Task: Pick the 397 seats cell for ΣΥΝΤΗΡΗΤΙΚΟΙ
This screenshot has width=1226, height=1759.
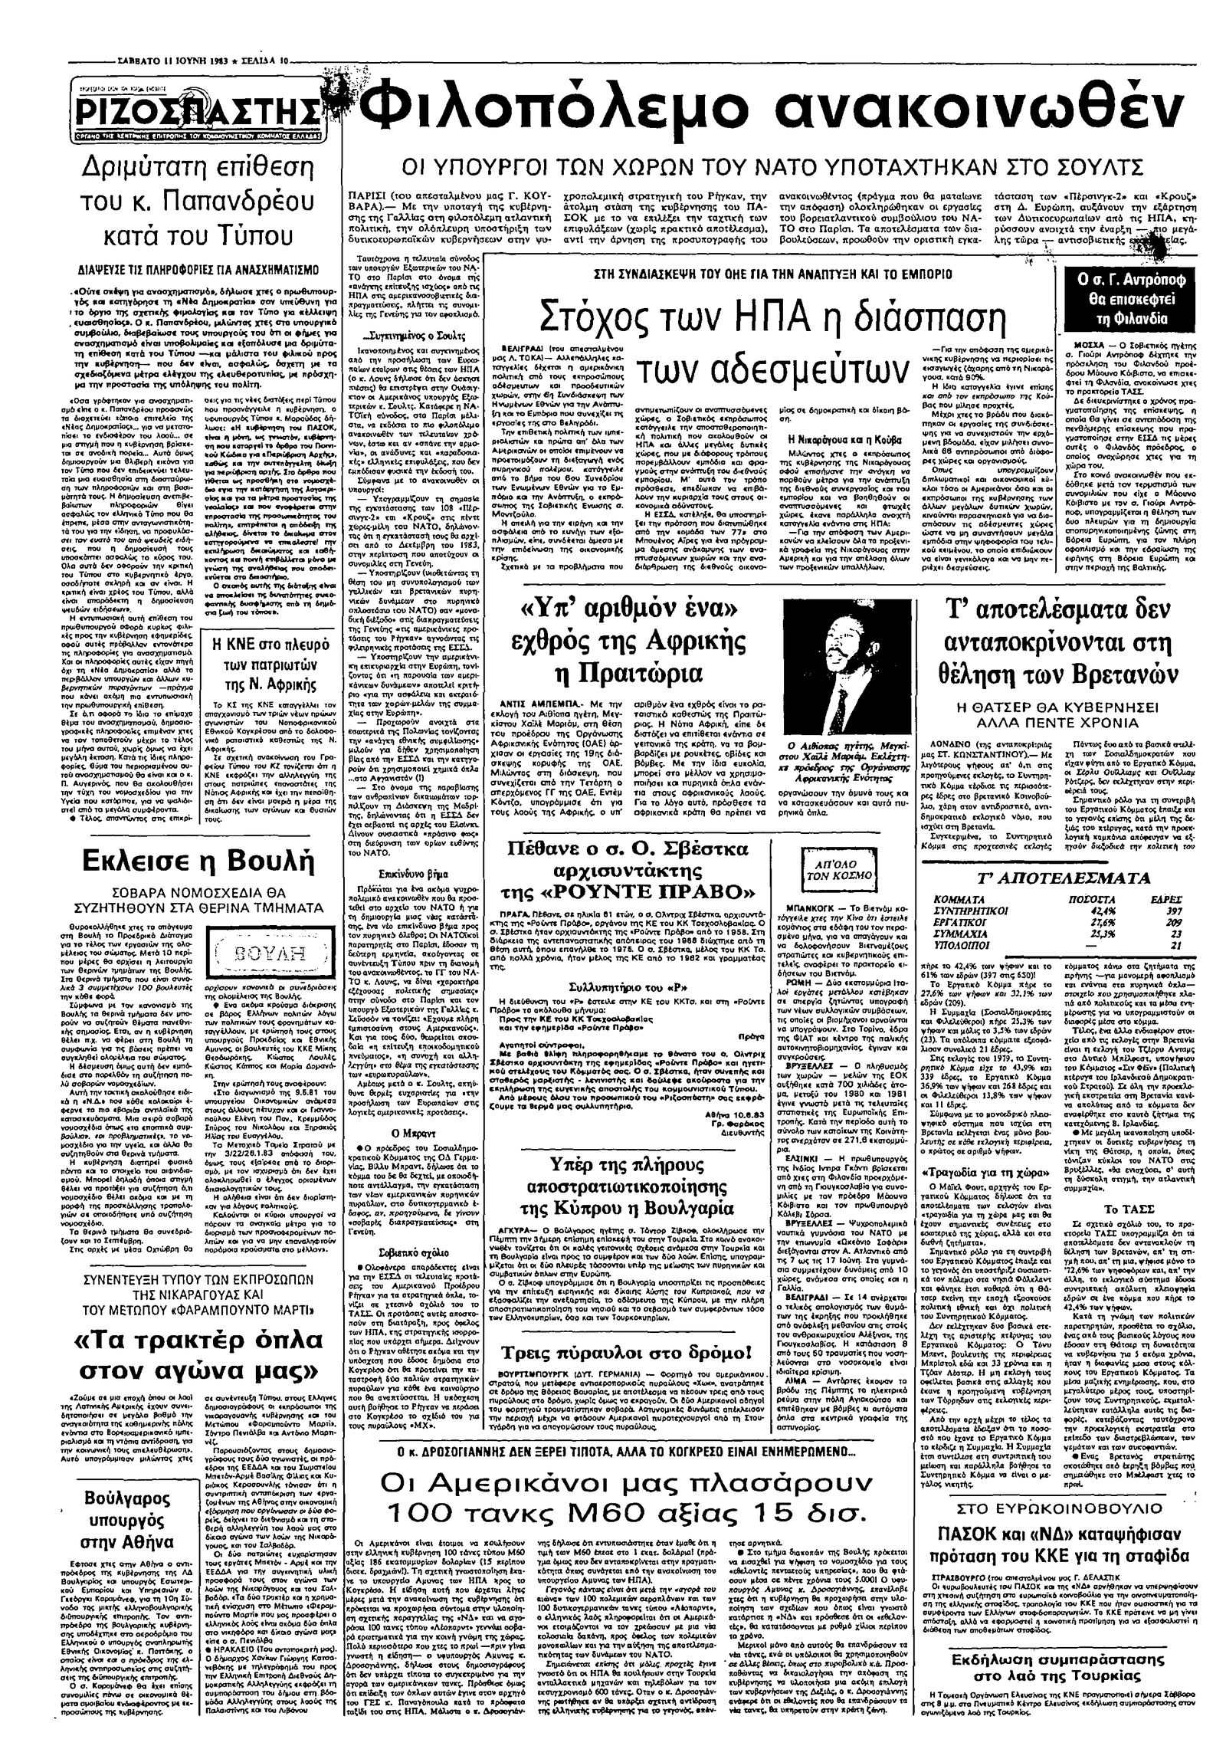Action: coord(1165,910)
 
